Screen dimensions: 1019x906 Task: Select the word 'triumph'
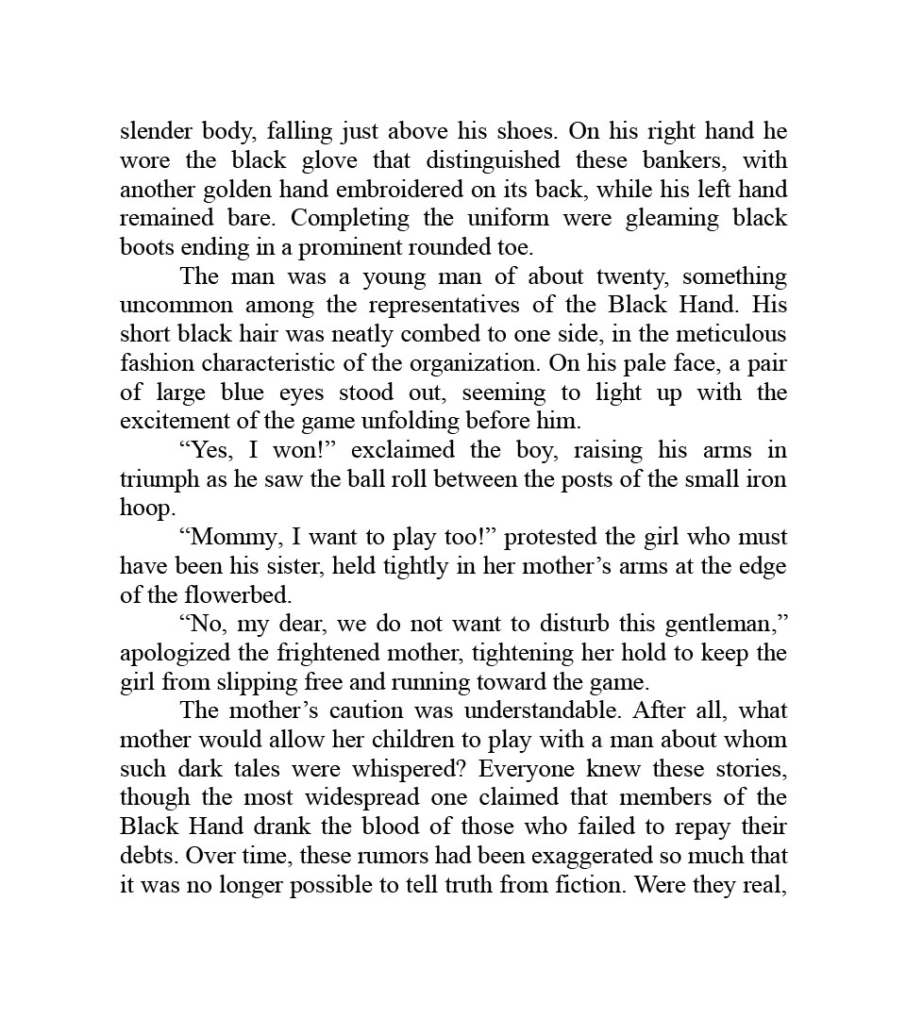[x=159, y=479]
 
